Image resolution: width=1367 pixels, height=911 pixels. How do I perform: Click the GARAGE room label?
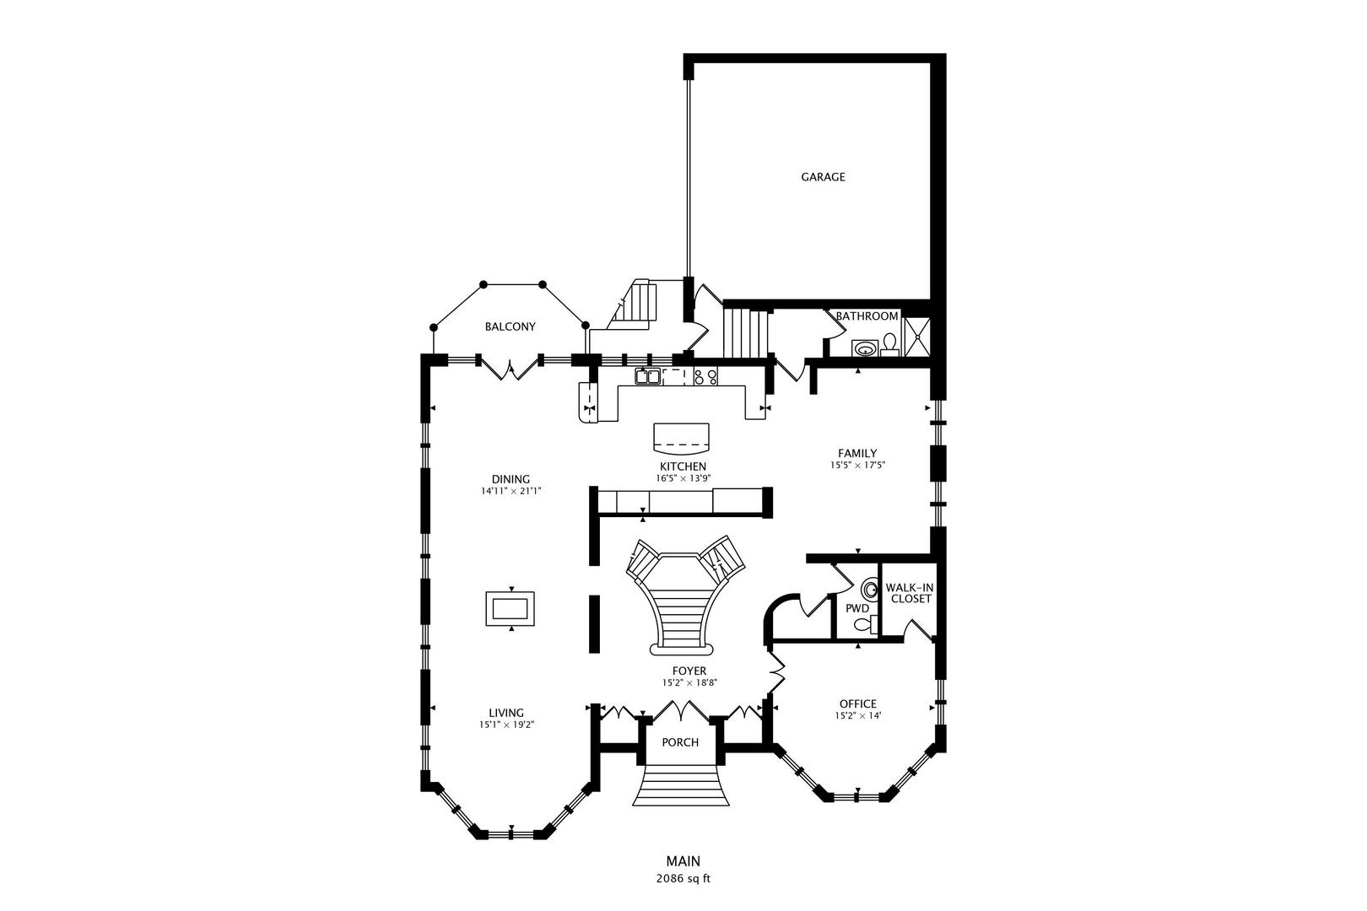tap(823, 177)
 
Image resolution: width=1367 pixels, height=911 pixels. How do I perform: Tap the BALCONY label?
tap(511, 326)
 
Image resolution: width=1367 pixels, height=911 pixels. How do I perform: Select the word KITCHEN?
tap(683, 466)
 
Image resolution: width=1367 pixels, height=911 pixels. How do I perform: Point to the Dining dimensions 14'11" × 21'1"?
tap(511, 491)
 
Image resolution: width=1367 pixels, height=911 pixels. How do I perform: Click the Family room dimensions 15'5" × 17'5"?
tap(857, 465)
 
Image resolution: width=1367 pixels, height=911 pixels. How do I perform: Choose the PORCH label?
tap(680, 742)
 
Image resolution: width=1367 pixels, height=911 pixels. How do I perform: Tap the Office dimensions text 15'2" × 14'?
tap(858, 716)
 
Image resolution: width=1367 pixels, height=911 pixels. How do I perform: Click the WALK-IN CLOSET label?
tap(910, 593)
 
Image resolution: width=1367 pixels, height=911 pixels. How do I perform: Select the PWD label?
tap(857, 608)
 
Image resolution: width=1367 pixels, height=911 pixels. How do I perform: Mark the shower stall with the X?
tap(916, 337)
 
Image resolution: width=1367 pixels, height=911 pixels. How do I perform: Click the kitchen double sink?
tap(647, 376)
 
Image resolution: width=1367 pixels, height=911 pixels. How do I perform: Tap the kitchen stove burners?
tap(705, 376)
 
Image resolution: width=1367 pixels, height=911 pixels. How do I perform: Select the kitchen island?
tap(682, 438)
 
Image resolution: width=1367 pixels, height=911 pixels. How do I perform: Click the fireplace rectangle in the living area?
tap(511, 608)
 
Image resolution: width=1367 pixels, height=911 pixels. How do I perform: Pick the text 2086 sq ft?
tap(683, 879)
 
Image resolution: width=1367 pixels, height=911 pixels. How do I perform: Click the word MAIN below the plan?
tap(683, 861)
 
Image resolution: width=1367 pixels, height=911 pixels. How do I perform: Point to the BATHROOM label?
tap(867, 316)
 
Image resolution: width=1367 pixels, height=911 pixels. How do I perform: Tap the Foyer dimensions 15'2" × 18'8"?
tap(689, 683)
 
